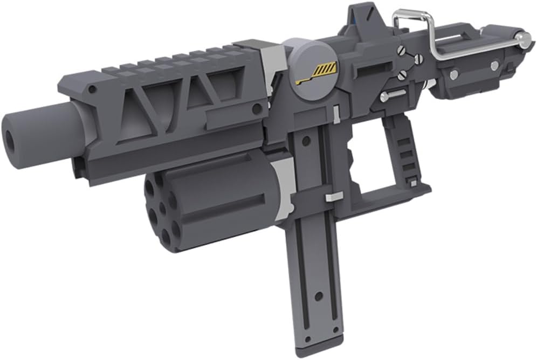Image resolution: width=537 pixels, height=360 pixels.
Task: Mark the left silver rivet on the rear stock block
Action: click(x=454, y=74)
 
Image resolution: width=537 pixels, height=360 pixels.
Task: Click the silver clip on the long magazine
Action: click(x=333, y=196)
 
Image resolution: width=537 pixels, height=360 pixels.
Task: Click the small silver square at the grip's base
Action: click(x=412, y=183)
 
